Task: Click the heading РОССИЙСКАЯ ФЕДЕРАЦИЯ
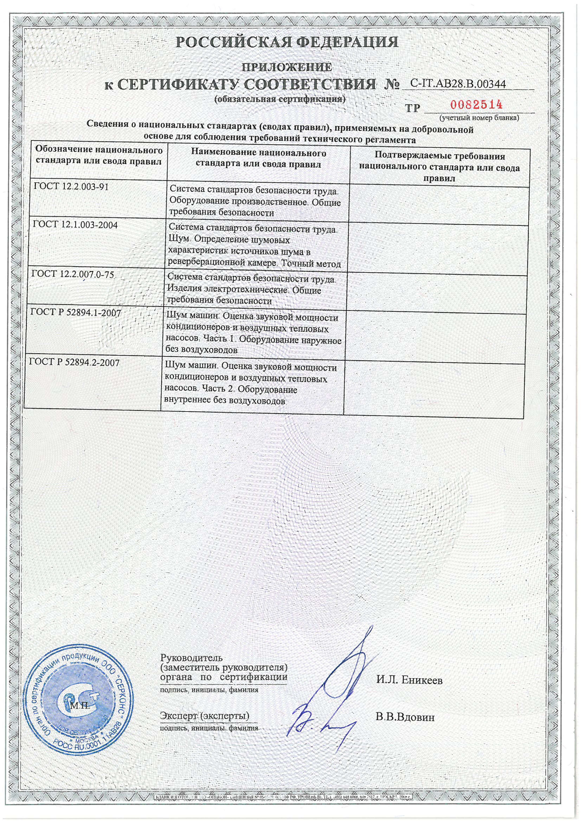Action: click(x=287, y=42)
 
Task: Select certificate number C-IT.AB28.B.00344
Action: click(x=458, y=84)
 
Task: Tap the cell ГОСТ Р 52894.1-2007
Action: click(x=75, y=313)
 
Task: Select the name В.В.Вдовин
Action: click(x=405, y=717)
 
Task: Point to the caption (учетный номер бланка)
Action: click(x=479, y=117)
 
